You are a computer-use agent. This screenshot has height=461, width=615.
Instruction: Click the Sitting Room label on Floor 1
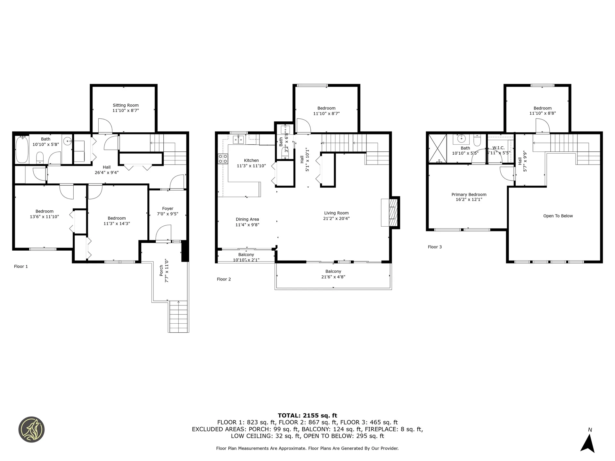pyautogui.click(x=126, y=105)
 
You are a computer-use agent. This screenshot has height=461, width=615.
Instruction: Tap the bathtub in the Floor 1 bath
pyautogui.click(x=22, y=150)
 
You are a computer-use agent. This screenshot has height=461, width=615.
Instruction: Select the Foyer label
pyautogui.click(x=168, y=208)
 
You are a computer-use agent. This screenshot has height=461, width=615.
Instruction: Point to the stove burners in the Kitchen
pyautogui.click(x=223, y=159)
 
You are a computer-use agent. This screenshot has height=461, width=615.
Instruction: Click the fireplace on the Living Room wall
pyautogui.click(x=390, y=213)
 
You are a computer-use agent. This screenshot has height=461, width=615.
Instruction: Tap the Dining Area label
pyautogui.click(x=247, y=219)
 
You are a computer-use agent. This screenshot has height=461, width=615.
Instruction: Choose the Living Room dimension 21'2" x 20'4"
pyautogui.click(x=336, y=219)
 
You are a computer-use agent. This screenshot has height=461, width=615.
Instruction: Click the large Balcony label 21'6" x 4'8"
pyautogui.click(x=333, y=274)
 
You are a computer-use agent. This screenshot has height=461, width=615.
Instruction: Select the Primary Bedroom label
pyautogui.click(x=469, y=194)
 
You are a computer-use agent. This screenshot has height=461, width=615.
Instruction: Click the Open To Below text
pyautogui.click(x=558, y=216)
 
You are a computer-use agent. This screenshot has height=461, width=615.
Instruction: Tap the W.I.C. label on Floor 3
pyautogui.click(x=498, y=148)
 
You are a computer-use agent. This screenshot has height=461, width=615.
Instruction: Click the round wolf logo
pyautogui.click(x=31, y=430)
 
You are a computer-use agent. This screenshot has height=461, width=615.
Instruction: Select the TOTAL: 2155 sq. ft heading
pyautogui.click(x=307, y=416)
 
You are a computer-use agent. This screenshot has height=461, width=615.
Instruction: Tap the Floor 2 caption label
pyautogui.click(x=224, y=279)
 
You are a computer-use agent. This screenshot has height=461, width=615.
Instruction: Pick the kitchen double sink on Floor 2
pyautogui.click(x=238, y=140)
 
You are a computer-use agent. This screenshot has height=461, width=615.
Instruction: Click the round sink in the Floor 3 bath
pyautogui.click(x=461, y=139)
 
